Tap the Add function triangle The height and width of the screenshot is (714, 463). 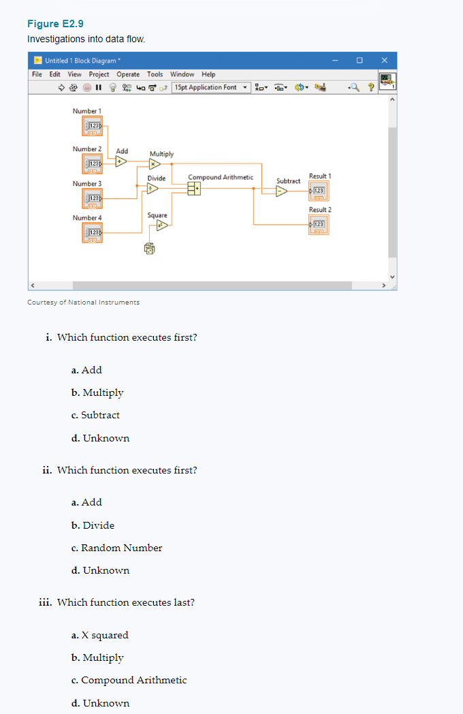(x=121, y=161)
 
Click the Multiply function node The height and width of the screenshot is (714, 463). (x=155, y=164)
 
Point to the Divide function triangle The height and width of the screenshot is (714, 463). (x=155, y=188)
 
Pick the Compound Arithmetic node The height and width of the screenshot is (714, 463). (x=195, y=189)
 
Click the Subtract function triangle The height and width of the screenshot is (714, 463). (x=281, y=191)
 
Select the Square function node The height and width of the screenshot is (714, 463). (x=161, y=226)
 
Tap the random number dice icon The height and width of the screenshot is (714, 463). (x=149, y=250)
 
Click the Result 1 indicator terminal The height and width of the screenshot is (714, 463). (x=318, y=191)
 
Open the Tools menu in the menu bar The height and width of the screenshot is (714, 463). (x=155, y=74)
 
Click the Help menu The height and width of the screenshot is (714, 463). (x=208, y=74)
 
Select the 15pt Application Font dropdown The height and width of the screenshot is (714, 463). (x=209, y=87)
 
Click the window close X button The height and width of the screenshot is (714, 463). (x=384, y=60)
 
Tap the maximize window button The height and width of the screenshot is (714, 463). (x=359, y=60)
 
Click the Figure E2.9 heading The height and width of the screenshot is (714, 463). (x=55, y=24)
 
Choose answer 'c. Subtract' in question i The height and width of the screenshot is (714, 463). (x=95, y=415)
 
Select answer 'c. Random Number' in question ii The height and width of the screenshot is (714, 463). (x=116, y=548)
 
